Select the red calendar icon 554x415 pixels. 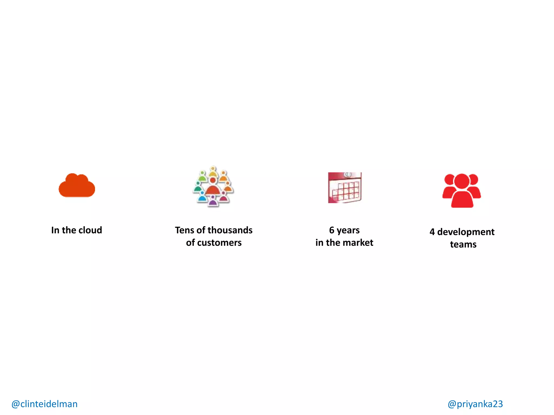click(x=345, y=188)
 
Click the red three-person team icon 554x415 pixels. click(x=462, y=190)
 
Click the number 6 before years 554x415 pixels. click(x=332, y=230)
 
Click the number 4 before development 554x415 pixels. click(x=432, y=232)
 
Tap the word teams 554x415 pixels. click(x=463, y=245)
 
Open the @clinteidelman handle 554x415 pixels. click(x=45, y=404)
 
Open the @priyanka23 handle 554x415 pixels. click(x=475, y=404)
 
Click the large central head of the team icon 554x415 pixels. click(x=462, y=181)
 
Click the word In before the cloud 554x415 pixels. click(x=55, y=230)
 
